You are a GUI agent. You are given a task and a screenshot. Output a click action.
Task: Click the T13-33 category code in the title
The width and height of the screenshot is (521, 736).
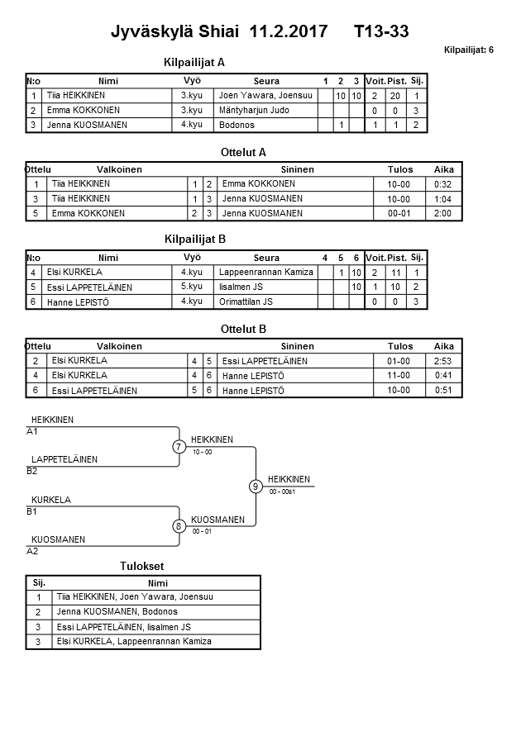coord(380,32)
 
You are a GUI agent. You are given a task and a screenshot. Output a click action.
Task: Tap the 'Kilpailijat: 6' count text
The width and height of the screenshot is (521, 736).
coord(468,50)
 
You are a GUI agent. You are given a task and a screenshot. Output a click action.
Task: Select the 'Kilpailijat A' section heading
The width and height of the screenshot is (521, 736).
coord(195,62)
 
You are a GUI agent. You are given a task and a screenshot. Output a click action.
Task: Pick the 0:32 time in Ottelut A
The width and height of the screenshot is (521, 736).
coord(443,184)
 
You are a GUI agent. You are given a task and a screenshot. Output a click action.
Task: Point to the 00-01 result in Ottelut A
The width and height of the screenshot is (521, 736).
coord(400,214)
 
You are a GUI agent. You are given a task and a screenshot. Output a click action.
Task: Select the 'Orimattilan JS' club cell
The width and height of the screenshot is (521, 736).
coord(246,302)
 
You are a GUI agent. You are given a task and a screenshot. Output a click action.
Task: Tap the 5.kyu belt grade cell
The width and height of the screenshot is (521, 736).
coord(192,287)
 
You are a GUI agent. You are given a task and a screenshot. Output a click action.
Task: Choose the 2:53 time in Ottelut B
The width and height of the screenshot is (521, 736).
coord(443,361)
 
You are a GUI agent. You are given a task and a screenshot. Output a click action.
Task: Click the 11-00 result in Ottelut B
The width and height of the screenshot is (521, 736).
coord(400,376)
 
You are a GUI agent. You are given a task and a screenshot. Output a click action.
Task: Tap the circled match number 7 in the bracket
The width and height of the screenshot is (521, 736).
coord(179,447)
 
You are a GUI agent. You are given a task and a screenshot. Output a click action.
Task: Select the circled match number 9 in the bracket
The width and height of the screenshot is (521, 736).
coord(256,487)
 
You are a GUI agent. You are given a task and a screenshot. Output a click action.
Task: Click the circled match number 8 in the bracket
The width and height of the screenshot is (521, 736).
coord(179,525)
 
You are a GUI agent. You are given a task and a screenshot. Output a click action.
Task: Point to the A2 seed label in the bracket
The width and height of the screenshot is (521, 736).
coord(32,551)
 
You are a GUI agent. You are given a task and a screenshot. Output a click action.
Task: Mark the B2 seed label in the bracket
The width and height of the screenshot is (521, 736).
coord(32,471)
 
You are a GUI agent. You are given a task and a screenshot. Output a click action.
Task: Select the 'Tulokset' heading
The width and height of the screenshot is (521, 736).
coord(142,567)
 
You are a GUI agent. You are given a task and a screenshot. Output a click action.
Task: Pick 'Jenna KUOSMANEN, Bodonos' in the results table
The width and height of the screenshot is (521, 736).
coord(117,612)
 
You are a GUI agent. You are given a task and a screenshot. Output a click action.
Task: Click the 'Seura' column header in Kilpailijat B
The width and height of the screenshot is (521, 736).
coord(266,258)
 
